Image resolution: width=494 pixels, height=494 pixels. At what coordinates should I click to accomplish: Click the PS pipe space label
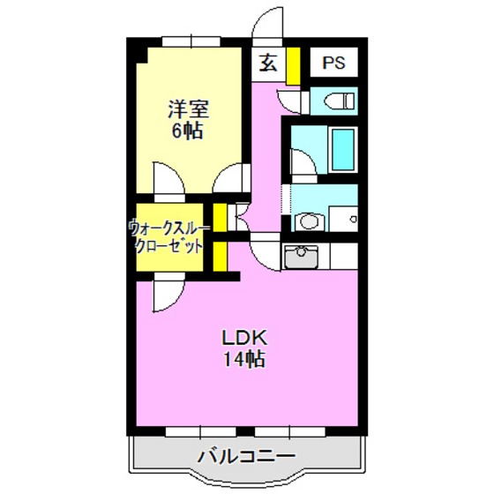click(334, 63)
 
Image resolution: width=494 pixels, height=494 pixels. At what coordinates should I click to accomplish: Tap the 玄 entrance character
click(268, 63)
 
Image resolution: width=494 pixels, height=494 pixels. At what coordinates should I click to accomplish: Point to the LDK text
click(243, 337)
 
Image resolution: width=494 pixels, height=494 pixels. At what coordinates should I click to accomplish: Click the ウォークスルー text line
click(168, 225)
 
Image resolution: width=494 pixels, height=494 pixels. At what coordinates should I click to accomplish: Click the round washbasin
click(306, 221)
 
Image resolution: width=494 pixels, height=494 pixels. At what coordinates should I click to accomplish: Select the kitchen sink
click(303, 255)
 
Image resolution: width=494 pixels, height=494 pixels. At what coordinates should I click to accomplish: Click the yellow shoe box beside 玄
click(292, 63)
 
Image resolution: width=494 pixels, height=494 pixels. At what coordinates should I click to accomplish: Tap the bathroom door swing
click(302, 163)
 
